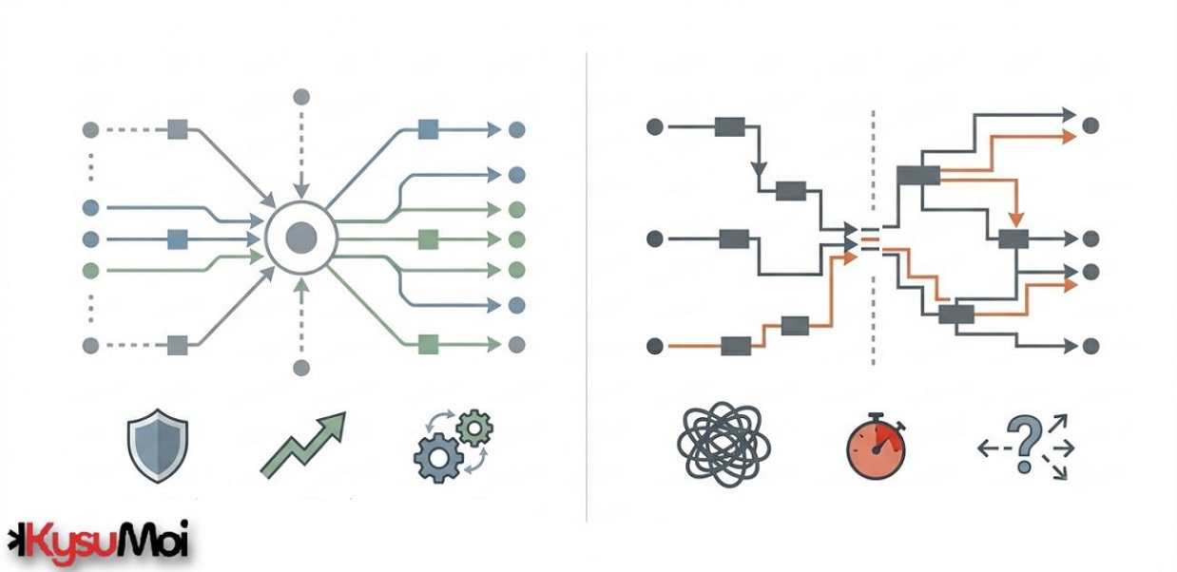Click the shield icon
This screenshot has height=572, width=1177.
tap(158, 446)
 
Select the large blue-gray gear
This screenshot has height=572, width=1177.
tap(438, 457)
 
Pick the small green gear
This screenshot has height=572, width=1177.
tap(474, 429)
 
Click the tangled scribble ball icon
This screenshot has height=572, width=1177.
tap(724, 445)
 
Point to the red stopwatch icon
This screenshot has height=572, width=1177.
tap(876, 447)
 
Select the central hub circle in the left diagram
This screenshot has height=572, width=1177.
tap(301, 238)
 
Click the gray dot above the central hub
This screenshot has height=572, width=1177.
tap(301, 97)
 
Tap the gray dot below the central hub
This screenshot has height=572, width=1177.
tap(301, 368)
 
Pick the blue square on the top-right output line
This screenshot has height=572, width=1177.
tap(428, 129)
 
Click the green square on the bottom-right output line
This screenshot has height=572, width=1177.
tap(428, 345)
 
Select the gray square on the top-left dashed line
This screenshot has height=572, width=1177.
tap(178, 129)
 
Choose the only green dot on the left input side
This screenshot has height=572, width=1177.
tap(91, 271)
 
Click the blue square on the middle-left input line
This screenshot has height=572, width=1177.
tap(178, 239)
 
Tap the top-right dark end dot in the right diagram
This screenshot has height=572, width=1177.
tap(1090, 125)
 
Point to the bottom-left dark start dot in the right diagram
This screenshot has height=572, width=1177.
tap(655, 346)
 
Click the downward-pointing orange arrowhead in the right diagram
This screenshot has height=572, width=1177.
tap(1016, 219)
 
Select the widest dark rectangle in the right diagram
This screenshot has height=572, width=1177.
tap(918, 176)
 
